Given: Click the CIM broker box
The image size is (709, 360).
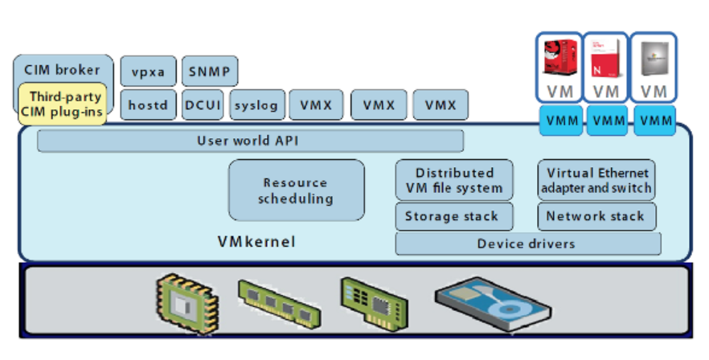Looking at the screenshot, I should coord(62,70).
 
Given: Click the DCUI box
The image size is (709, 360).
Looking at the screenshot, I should coord(203,104).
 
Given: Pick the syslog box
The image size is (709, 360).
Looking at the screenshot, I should coord(256,104).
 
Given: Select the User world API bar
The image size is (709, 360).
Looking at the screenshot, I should coord(250,141).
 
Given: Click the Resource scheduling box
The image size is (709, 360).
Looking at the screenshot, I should coord(296,190).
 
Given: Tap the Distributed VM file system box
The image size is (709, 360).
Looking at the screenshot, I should coord(455,181).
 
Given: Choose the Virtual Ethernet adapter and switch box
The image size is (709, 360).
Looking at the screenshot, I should coord(596,181).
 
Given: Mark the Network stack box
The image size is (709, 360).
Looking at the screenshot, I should coord(596,216).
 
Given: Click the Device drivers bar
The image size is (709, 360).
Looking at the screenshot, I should coord(527,243).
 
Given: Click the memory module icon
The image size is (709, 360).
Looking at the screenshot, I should coord(273,301).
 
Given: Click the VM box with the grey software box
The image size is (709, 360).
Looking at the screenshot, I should coord(654,67).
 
